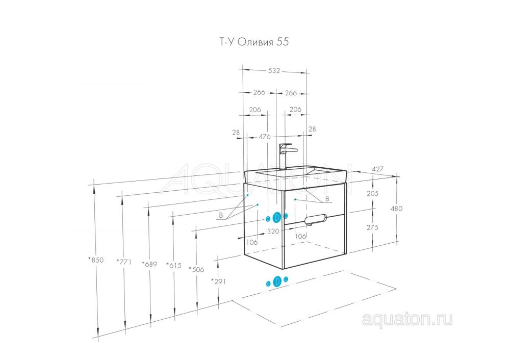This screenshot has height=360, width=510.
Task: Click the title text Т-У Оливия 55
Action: point(253,42)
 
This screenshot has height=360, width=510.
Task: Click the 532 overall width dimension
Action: point(274,70)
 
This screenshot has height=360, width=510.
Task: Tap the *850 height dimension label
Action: point(96,260)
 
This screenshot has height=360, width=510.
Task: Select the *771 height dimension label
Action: point(124,261)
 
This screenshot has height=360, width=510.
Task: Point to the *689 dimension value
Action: point(149,264)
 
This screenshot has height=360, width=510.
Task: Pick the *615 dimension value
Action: point(174,265)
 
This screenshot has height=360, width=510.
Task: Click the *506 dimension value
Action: point(196,269)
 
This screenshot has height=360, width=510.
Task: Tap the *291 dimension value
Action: point(218,281)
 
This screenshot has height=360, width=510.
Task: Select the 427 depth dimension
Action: point(377,169)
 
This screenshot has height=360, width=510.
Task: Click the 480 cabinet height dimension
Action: point(396,209)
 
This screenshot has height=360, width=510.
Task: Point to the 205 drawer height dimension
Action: point(372,193)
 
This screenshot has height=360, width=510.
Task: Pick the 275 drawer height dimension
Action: point(372,227)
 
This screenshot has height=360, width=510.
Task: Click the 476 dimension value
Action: point(265,137)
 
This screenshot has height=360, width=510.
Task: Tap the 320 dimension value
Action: point(273,231)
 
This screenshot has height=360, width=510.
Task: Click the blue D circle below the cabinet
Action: point(277,281)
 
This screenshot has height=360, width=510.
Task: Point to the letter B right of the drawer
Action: point(327,199)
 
